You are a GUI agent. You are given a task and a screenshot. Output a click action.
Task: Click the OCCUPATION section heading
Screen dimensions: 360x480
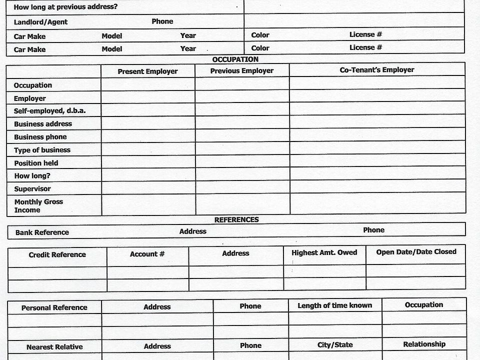click(x=235, y=59)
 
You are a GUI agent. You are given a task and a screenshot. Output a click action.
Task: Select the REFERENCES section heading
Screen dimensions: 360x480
click(x=236, y=219)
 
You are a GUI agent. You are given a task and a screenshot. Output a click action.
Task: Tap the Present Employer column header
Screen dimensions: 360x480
click(x=147, y=71)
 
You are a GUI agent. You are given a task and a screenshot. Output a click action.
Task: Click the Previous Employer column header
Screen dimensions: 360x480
click(x=241, y=71)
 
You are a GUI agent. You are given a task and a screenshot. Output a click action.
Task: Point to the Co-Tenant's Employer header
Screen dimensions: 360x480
click(x=377, y=70)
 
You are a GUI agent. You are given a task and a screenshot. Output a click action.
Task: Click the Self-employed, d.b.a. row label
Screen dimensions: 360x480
click(x=49, y=111)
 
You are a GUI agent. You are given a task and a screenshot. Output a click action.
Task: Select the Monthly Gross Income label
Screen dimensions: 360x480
click(x=38, y=206)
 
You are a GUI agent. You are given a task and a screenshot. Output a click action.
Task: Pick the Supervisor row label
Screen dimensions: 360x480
click(x=32, y=189)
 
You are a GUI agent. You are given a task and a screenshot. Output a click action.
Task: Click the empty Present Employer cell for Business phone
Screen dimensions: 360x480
click(x=148, y=136)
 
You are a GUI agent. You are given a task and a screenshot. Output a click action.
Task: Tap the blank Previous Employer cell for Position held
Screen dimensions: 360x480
click(x=242, y=162)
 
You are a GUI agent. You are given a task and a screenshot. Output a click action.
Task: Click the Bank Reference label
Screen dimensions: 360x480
click(x=42, y=232)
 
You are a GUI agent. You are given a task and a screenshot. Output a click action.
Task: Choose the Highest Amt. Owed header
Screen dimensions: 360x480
click(x=324, y=252)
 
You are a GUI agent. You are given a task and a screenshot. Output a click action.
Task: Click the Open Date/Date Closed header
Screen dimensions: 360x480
click(x=416, y=252)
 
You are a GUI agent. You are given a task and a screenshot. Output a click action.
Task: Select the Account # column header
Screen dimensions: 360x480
click(x=147, y=254)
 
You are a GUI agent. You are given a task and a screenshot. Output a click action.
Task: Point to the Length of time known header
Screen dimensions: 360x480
click(x=334, y=305)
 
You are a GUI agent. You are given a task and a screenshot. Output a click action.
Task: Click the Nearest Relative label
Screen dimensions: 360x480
click(x=54, y=347)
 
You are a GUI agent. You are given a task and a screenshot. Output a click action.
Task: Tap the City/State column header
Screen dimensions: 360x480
click(x=335, y=345)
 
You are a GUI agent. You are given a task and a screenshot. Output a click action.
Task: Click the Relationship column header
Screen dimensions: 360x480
click(x=424, y=344)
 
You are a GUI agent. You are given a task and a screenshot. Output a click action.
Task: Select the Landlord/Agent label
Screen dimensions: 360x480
click(x=40, y=22)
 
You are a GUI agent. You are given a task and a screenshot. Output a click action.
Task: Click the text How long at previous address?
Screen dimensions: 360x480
click(x=65, y=7)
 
